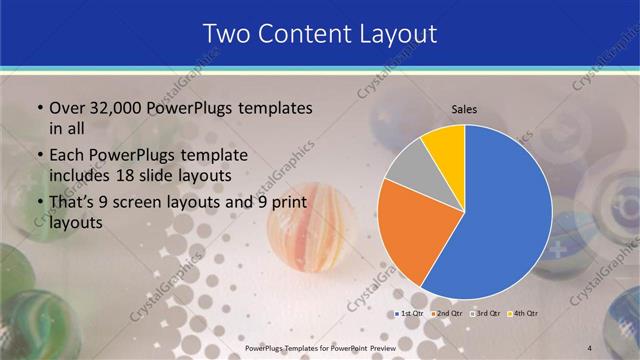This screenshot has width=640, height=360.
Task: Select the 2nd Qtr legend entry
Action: click(447, 315)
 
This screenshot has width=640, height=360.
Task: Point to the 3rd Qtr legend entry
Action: click(484, 315)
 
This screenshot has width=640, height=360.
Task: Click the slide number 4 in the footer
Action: click(617, 347)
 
